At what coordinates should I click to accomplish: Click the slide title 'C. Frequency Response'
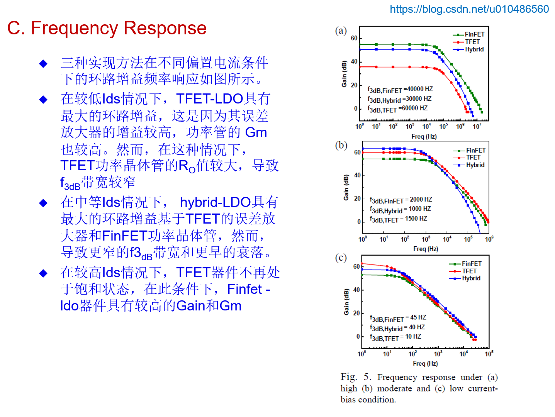(107, 28)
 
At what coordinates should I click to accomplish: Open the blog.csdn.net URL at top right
(469, 9)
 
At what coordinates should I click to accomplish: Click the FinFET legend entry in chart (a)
(474, 34)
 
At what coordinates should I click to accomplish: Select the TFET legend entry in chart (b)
(473, 158)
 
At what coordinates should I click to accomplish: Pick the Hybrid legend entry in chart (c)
(471, 278)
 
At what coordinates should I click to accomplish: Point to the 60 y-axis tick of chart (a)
(354, 38)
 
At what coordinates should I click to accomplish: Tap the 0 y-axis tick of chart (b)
(358, 222)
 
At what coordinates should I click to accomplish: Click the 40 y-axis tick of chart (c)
(356, 290)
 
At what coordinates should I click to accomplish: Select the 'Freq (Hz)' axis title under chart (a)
(424, 136)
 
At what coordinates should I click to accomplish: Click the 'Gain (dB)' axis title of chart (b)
(346, 188)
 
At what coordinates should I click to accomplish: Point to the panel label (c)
(341, 258)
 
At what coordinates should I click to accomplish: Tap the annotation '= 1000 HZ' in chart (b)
(417, 209)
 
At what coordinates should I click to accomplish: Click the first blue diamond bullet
(43, 64)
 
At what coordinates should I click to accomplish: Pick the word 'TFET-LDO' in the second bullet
(209, 99)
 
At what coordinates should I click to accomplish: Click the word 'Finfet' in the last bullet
(245, 289)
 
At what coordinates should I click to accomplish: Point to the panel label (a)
(341, 31)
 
